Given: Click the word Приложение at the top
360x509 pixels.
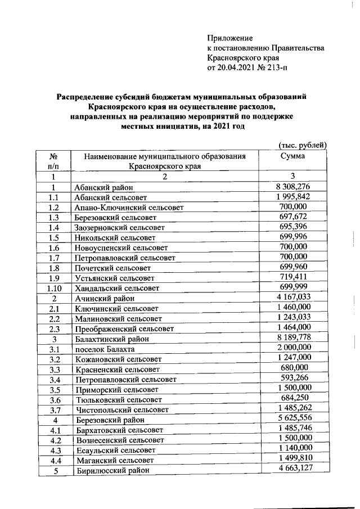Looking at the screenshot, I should (x=230, y=38).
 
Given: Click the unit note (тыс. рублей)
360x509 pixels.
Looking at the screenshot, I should (x=303, y=145).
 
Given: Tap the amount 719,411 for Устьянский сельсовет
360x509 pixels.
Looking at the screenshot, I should (x=294, y=277).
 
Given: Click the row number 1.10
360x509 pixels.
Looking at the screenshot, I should (x=54, y=288).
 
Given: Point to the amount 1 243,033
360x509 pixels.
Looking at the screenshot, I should (x=294, y=318).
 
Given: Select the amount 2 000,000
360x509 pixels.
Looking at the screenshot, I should (x=294, y=348).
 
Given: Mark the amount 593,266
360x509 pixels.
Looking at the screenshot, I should (x=294, y=379).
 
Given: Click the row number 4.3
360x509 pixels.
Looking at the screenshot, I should (x=54, y=450).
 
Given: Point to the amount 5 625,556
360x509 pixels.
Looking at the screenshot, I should (x=294, y=419).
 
